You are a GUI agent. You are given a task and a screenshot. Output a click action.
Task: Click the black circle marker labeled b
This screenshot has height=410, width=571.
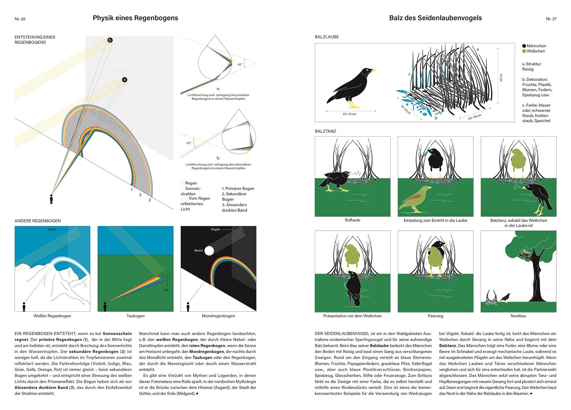(x=110, y=40)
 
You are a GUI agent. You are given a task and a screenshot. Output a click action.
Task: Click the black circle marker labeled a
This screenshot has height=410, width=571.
(x=125, y=79)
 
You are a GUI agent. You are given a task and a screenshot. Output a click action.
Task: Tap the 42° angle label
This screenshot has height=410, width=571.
(x=240, y=64)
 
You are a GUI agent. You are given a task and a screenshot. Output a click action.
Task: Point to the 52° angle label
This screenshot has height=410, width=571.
(x=189, y=143)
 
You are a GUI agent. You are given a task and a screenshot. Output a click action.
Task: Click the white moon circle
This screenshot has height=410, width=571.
(x=209, y=250)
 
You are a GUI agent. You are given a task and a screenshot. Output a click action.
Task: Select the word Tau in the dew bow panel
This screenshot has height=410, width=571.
(x=166, y=290)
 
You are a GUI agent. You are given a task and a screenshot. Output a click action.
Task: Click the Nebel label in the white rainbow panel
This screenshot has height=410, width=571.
(x=52, y=229)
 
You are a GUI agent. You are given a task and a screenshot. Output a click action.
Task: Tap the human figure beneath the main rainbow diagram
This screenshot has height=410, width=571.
(x=51, y=199)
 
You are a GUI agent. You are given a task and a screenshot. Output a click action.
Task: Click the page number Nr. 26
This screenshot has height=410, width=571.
(x=20, y=19)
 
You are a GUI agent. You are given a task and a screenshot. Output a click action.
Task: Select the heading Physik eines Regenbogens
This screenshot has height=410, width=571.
(x=135, y=18)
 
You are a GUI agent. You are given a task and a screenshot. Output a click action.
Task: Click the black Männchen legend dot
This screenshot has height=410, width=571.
(x=524, y=46)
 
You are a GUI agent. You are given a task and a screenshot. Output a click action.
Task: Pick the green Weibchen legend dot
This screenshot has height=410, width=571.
(x=524, y=51)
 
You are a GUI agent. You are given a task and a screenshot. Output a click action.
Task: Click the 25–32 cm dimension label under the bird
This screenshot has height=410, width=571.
(x=349, y=114)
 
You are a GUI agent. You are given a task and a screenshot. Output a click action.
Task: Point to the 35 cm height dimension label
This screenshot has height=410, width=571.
(x=501, y=77)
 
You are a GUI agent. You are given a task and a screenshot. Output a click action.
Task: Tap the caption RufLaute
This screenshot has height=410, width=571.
(x=352, y=220)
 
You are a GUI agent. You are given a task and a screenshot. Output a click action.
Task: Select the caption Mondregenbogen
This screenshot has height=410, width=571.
(x=218, y=316)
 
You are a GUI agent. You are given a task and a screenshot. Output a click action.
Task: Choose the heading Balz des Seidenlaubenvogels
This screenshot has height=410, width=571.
(x=435, y=18)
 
